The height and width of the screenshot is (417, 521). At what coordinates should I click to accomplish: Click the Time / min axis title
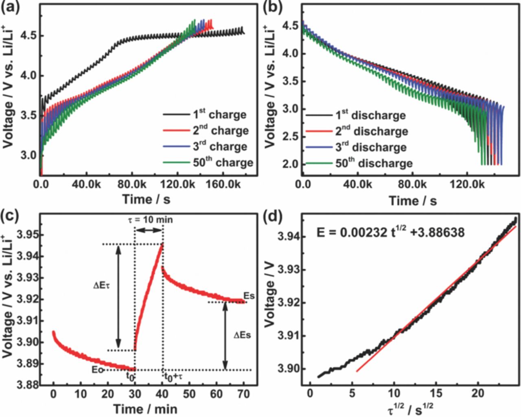145,408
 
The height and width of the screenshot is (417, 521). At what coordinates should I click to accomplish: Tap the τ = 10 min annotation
149,220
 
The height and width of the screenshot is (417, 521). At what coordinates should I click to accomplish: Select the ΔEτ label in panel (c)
99,287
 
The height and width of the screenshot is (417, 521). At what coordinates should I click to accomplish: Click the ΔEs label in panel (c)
242,335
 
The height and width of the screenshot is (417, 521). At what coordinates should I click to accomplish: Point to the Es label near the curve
249,295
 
